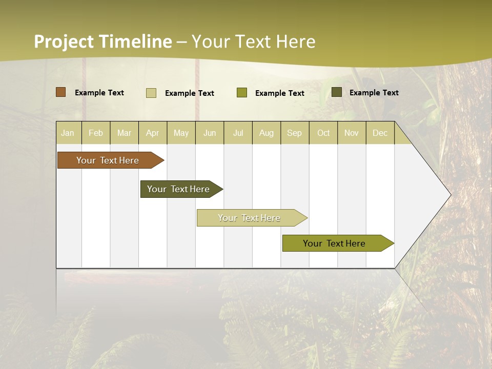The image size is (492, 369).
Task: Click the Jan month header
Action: click(68, 133)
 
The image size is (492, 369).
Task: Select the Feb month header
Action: click(96, 133)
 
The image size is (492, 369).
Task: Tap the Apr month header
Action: click(153, 133)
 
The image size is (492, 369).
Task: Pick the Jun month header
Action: click(210, 133)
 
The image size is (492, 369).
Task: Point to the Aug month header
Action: click(266, 133)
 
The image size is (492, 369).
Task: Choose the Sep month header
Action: click(295, 133)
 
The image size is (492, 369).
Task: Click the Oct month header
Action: click(323, 133)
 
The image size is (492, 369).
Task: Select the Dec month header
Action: click(380, 133)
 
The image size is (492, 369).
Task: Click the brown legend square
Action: click(61, 92)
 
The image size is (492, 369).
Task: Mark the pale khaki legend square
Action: click(151, 93)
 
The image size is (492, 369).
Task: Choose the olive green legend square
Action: click(242, 93)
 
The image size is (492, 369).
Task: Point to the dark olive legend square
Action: click(337, 92)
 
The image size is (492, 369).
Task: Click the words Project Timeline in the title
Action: click(103, 42)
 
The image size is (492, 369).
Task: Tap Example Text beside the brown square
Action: click(99, 93)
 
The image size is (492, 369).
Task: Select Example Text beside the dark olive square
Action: click(374, 93)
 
